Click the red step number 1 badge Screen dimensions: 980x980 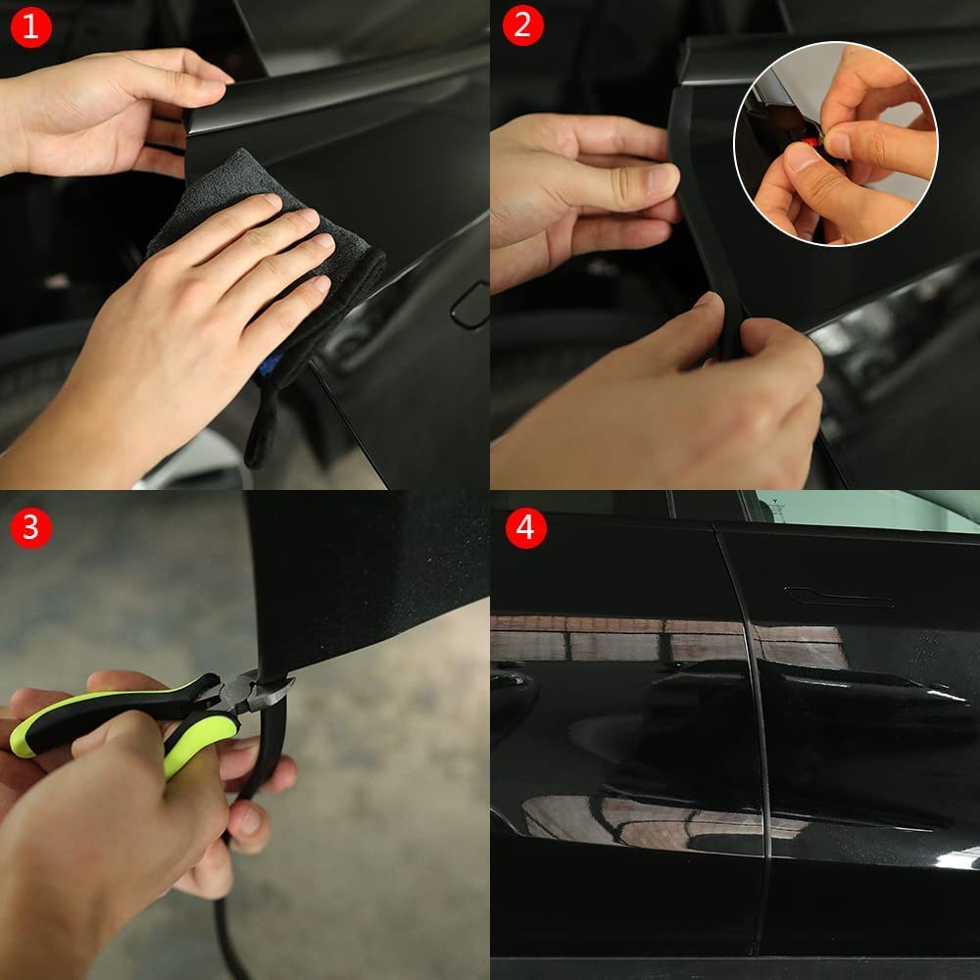pos(30,27)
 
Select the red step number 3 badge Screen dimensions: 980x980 pos(30,526)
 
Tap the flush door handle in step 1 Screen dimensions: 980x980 pos(469,306)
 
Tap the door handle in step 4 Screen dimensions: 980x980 pos(838,595)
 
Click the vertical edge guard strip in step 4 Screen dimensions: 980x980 pos(753,745)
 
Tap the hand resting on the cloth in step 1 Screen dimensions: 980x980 pos(186,323)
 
